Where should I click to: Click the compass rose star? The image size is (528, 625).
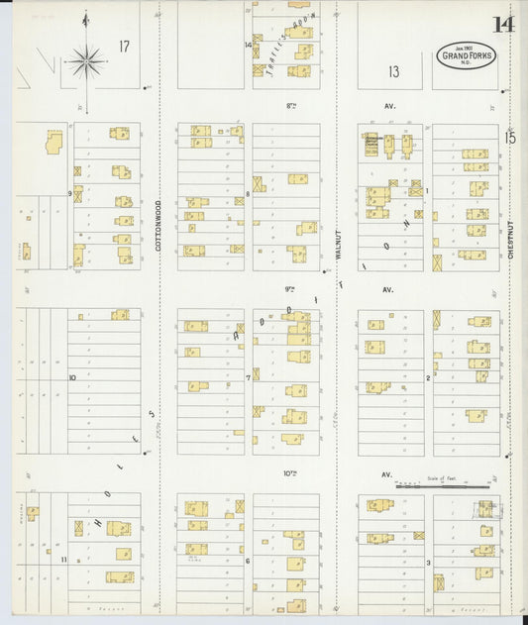pos(86,62)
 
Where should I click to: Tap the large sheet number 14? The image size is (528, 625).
pos(503,24)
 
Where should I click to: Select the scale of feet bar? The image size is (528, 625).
pos(443,486)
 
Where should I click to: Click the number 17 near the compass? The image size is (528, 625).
pos(124,47)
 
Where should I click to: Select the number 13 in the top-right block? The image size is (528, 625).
pos(393,70)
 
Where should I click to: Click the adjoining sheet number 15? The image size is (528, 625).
pos(510,138)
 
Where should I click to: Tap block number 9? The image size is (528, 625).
pos(69,193)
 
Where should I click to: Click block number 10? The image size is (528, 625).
pos(71,377)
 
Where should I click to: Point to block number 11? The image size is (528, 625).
pos(62,560)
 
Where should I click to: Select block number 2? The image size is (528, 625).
pos(428,377)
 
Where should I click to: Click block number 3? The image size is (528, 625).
pos(428,562)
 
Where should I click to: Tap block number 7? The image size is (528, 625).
pos(248,377)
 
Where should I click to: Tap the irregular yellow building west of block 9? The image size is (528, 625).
pos(53,142)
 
